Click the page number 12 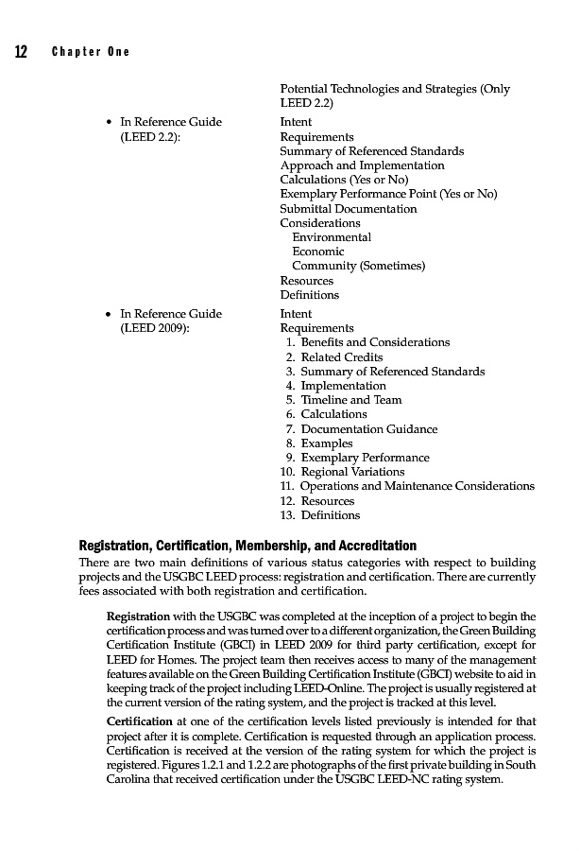coord(19,51)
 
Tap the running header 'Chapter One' coord(91,52)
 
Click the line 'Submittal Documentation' coord(348,209)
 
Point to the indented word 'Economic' coord(318,252)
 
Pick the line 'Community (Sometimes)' coord(358,266)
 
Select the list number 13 coord(287,515)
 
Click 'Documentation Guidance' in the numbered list coord(368,429)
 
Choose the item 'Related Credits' coord(341,357)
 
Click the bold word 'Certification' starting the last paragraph coord(139,722)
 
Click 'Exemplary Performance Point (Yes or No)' coord(387,194)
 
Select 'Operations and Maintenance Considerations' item coord(417,486)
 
